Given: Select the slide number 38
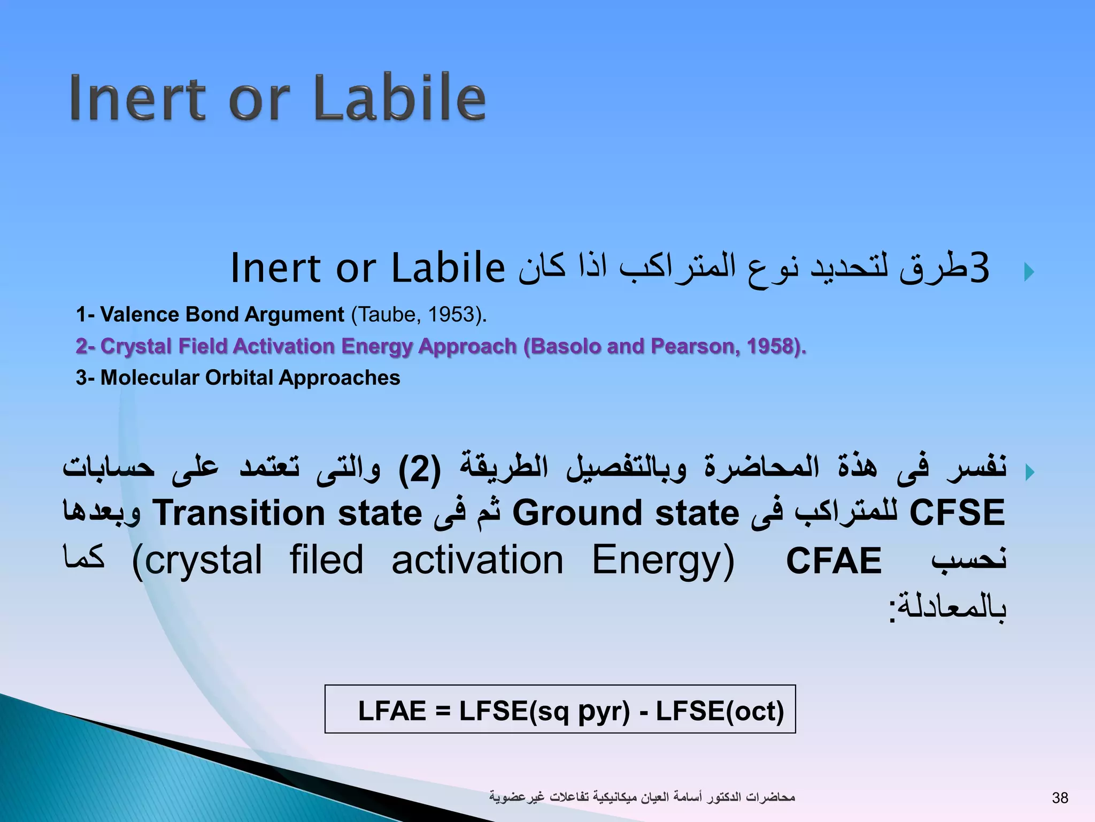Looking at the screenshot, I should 1060,798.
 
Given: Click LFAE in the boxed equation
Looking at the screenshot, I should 392,711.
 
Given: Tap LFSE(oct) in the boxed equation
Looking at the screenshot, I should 720,711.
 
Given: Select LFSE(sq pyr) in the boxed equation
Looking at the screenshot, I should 544,711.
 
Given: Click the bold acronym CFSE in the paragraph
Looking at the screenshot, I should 957,513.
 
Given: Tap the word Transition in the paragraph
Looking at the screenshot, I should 238,513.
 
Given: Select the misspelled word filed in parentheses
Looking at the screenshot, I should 327,560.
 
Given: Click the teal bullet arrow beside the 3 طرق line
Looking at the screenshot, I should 1029,272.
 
